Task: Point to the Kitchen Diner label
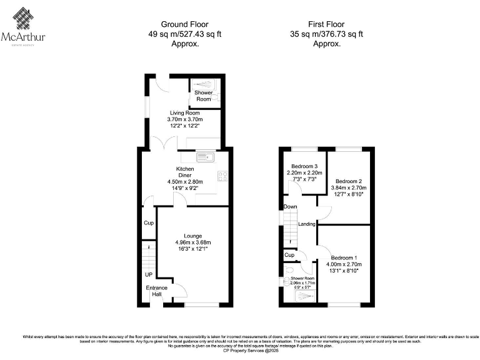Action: point(185,172)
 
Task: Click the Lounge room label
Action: point(193,236)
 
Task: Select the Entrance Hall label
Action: point(156,291)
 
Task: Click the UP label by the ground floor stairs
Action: point(148,274)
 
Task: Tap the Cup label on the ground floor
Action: point(148,223)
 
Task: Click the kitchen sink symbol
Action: point(204,156)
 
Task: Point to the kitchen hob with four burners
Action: point(223,176)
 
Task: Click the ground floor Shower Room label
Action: point(204,96)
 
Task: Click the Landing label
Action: point(306,224)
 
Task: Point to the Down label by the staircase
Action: point(290,206)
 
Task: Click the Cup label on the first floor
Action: point(289,255)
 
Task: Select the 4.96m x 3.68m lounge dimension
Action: point(193,242)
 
